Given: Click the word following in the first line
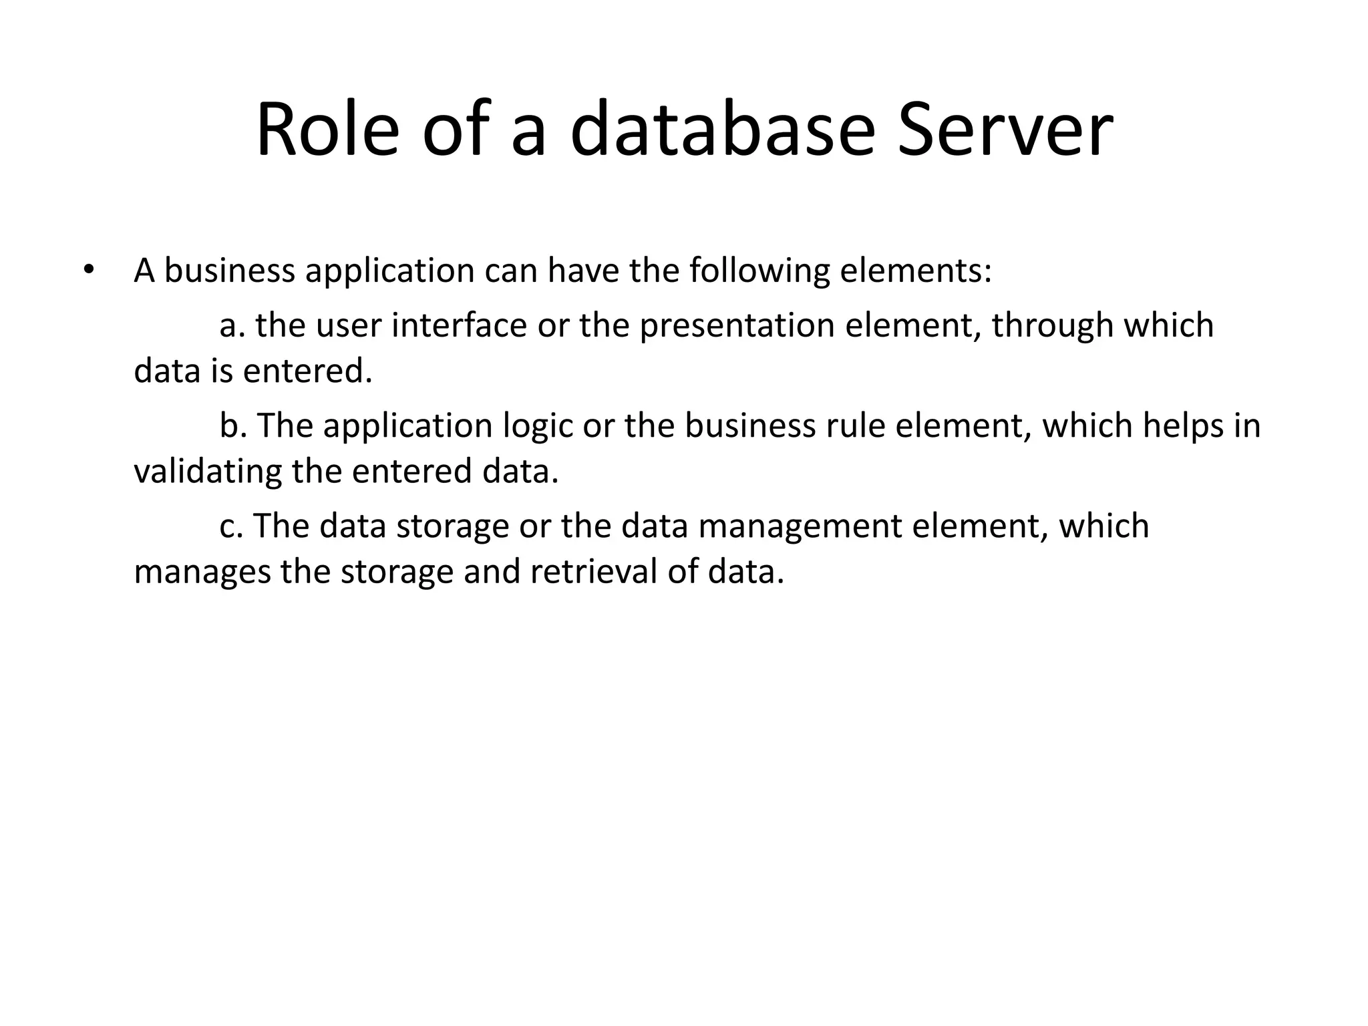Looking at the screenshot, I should (758, 272).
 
